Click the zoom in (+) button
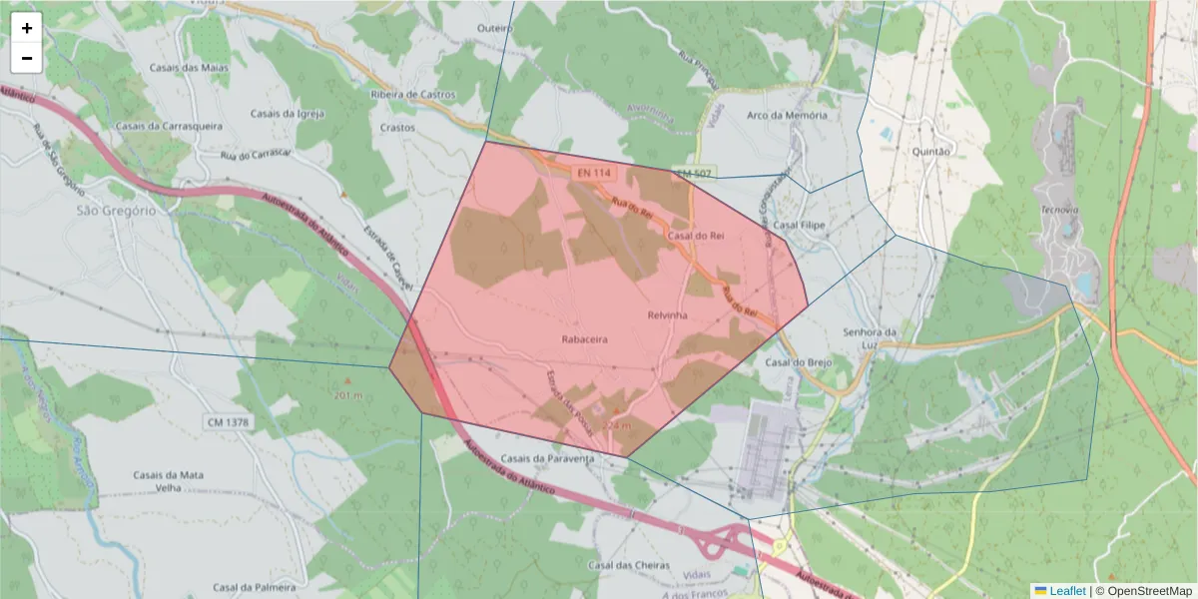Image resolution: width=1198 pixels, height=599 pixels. tap(27, 28)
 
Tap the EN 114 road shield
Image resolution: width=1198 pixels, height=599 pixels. tap(593, 173)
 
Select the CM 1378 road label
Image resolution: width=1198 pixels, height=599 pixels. tap(229, 423)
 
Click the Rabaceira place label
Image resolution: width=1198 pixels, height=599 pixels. tap(585, 339)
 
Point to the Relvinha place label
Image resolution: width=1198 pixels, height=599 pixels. tap(668, 315)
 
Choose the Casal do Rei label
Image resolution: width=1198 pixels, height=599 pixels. tap(696, 236)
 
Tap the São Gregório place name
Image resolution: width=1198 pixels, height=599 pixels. tap(117, 211)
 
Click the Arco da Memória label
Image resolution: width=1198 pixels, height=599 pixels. tap(787, 115)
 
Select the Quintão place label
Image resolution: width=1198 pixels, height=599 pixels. tap(933, 152)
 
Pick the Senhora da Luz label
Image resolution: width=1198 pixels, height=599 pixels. tap(872, 338)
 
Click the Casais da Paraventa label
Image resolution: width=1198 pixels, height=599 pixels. tap(547, 458)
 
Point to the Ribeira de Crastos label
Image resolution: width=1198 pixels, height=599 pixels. tap(412, 95)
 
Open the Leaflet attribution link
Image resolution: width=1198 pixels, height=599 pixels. tap(1067, 591)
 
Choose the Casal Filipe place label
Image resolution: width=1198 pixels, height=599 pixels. tap(800, 226)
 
